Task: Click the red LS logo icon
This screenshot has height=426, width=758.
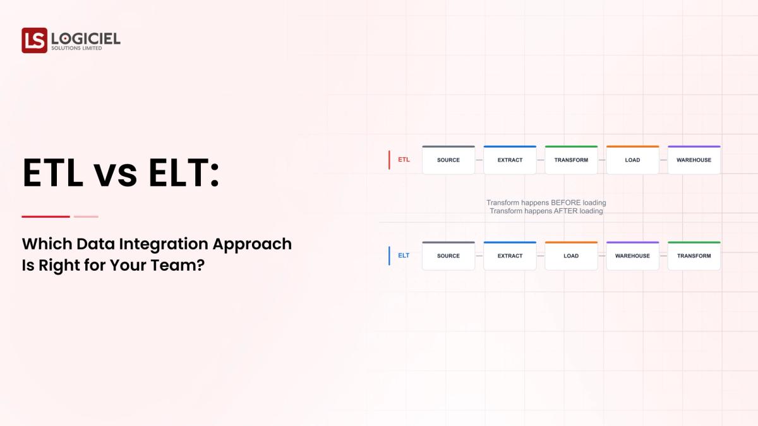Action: (34, 40)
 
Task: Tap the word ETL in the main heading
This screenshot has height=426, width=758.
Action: (52, 173)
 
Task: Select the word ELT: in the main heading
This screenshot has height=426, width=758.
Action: (184, 173)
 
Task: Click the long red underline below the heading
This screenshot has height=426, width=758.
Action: (45, 216)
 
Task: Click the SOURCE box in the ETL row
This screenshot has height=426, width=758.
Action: (448, 160)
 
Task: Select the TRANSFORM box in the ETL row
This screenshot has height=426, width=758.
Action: (571, 160)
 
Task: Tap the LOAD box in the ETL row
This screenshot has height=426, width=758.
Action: (632, 160)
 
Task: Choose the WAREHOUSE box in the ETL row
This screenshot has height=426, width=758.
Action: (694, 160)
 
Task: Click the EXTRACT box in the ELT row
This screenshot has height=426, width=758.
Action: (510, 256)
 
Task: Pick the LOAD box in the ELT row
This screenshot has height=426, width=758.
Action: (571, 256)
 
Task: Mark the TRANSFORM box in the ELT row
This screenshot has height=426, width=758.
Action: (694, 256)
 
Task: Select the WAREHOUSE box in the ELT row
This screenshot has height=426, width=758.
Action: (632, 256)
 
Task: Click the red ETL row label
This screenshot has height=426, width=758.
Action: (404, 160)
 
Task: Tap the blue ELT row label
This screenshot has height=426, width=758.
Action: (404, 256)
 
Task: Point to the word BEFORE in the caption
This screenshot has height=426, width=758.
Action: (566, 203)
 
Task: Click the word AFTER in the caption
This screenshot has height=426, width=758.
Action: (565, 211)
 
